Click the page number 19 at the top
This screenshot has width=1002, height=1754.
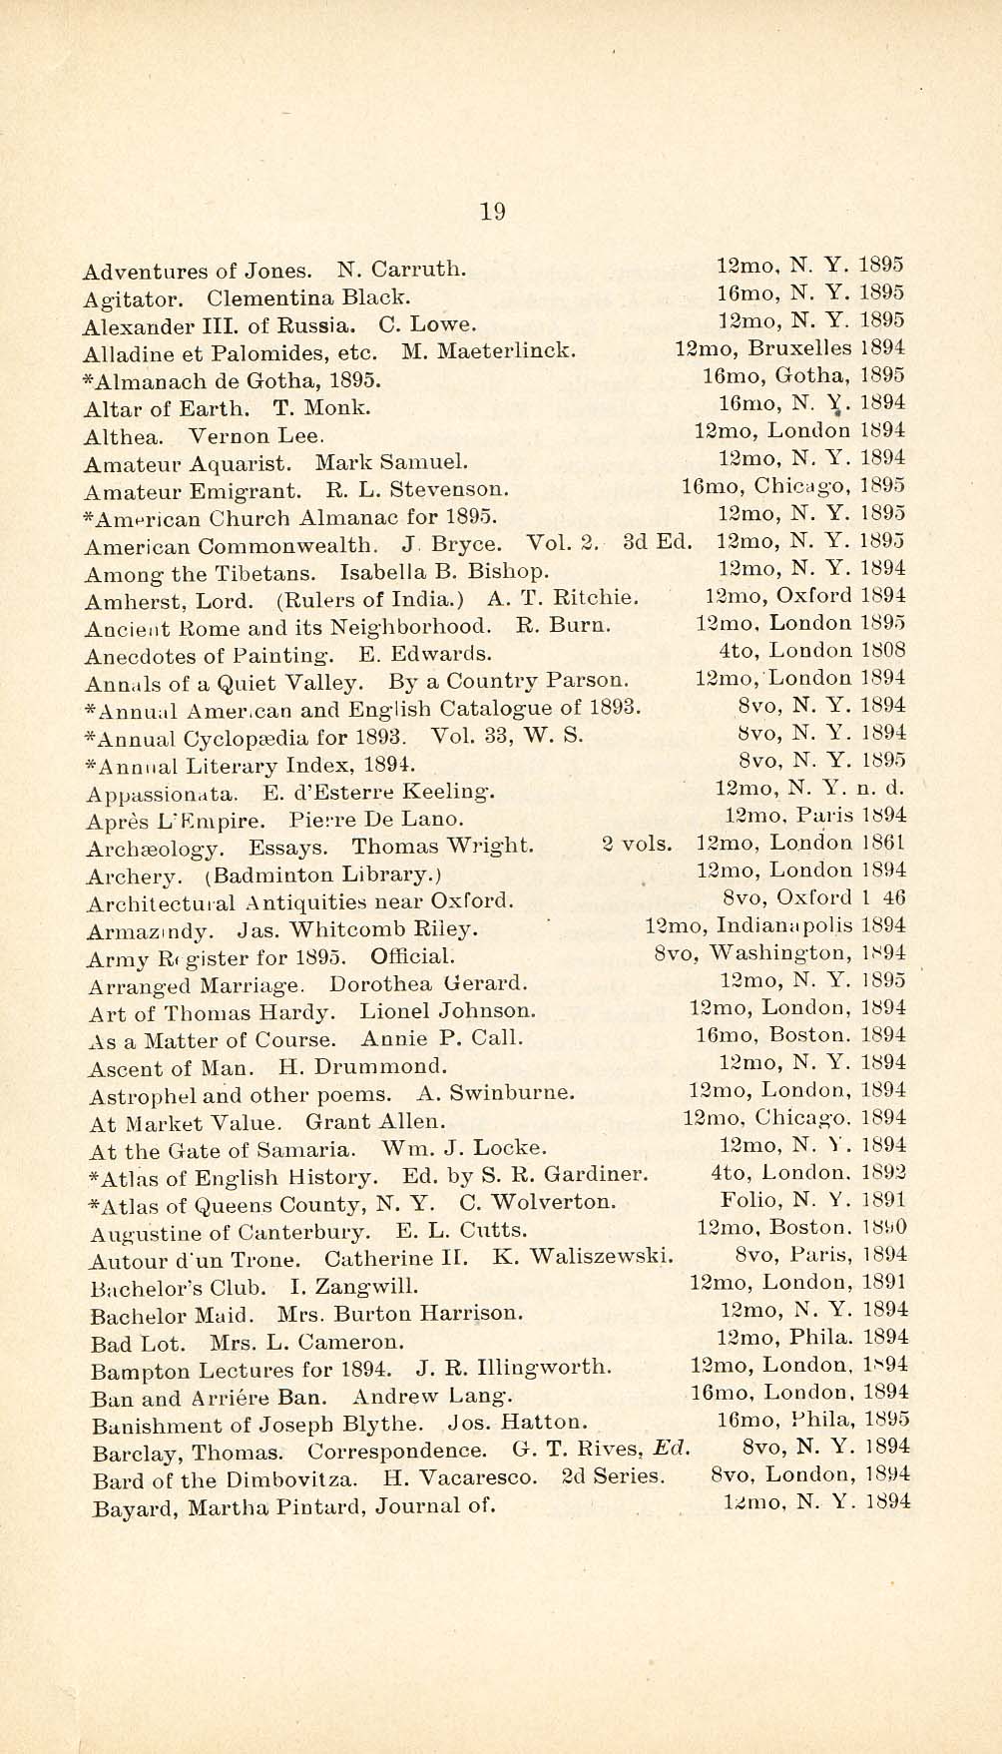(x=493, y=212)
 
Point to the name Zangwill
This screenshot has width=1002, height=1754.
(x=369, y=1286)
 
